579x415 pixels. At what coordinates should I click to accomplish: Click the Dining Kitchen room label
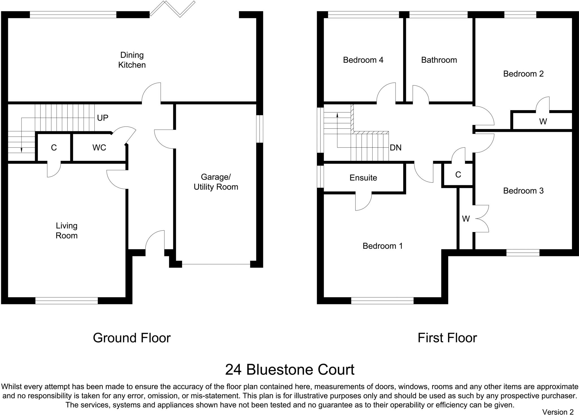point(132,60)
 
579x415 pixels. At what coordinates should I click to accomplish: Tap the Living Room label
point(66,231)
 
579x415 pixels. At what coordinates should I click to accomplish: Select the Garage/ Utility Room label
point(216,182)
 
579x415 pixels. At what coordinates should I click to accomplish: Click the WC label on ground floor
point(99,147)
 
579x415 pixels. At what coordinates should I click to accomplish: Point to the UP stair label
point(103,118)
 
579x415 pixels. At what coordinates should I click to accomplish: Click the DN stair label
point(396,148)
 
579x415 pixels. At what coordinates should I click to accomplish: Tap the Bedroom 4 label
point(363,60)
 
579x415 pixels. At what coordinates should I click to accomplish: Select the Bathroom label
point(439,60)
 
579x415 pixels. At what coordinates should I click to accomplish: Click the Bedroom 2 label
point(523,74)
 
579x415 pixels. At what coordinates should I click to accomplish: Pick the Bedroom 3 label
point(523,191)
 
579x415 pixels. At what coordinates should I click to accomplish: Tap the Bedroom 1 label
point(383,246)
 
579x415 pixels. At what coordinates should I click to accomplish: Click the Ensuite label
point(363,178)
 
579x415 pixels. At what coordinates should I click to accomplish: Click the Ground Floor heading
point(132,338)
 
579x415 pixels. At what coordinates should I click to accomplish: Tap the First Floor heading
point(447,338)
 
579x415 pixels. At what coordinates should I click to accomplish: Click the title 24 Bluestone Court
point(290,370)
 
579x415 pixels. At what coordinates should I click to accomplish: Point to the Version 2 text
point(558,412)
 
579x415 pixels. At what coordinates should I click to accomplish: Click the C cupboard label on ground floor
point(54,148)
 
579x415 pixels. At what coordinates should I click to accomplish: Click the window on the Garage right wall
point(260,129)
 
